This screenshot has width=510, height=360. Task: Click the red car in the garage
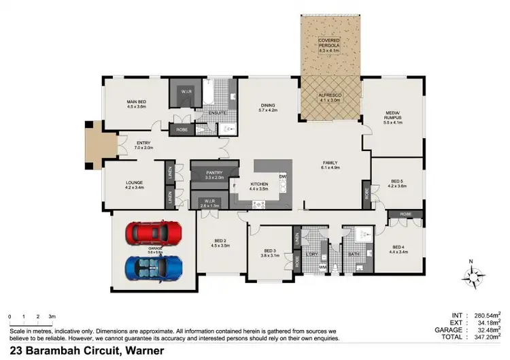tap(154, 233)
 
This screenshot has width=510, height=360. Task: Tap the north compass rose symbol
tap(471, 275)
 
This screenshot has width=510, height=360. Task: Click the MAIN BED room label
tap(136, 104)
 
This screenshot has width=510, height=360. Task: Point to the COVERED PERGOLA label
tap(331, 44)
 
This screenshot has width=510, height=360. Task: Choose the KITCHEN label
tap(259, 185)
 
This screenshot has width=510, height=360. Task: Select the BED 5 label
tap(396, 182)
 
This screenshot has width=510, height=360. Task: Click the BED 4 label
tap(398, 248)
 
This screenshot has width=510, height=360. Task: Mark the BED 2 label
tap(220, 241)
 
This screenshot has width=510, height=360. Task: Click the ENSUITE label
tap(217, 113)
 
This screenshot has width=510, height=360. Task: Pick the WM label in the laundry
tap(322, 267)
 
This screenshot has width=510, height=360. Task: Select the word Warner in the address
tap(141, 350)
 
